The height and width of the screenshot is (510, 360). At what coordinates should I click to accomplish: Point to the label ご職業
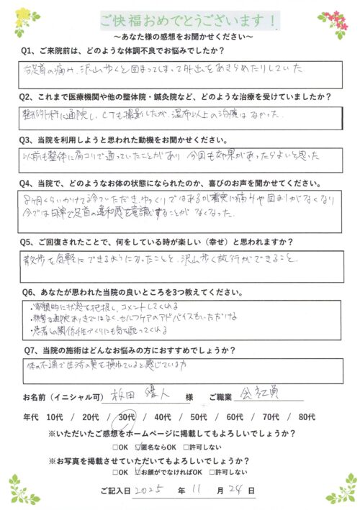point(208,398)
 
